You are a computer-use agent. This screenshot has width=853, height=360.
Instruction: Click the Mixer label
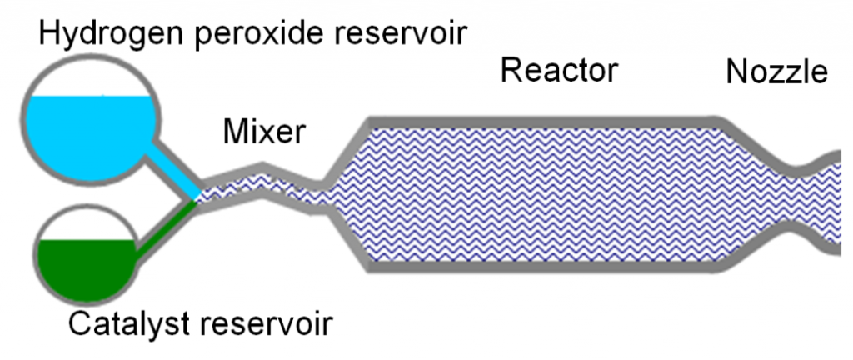coord(264,131)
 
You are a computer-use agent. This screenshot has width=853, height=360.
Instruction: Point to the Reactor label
coord(558,71)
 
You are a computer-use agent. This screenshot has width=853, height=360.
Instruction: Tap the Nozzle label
coord(776,72)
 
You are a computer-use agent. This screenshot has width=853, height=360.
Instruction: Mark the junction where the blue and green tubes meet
coord(197,197)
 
